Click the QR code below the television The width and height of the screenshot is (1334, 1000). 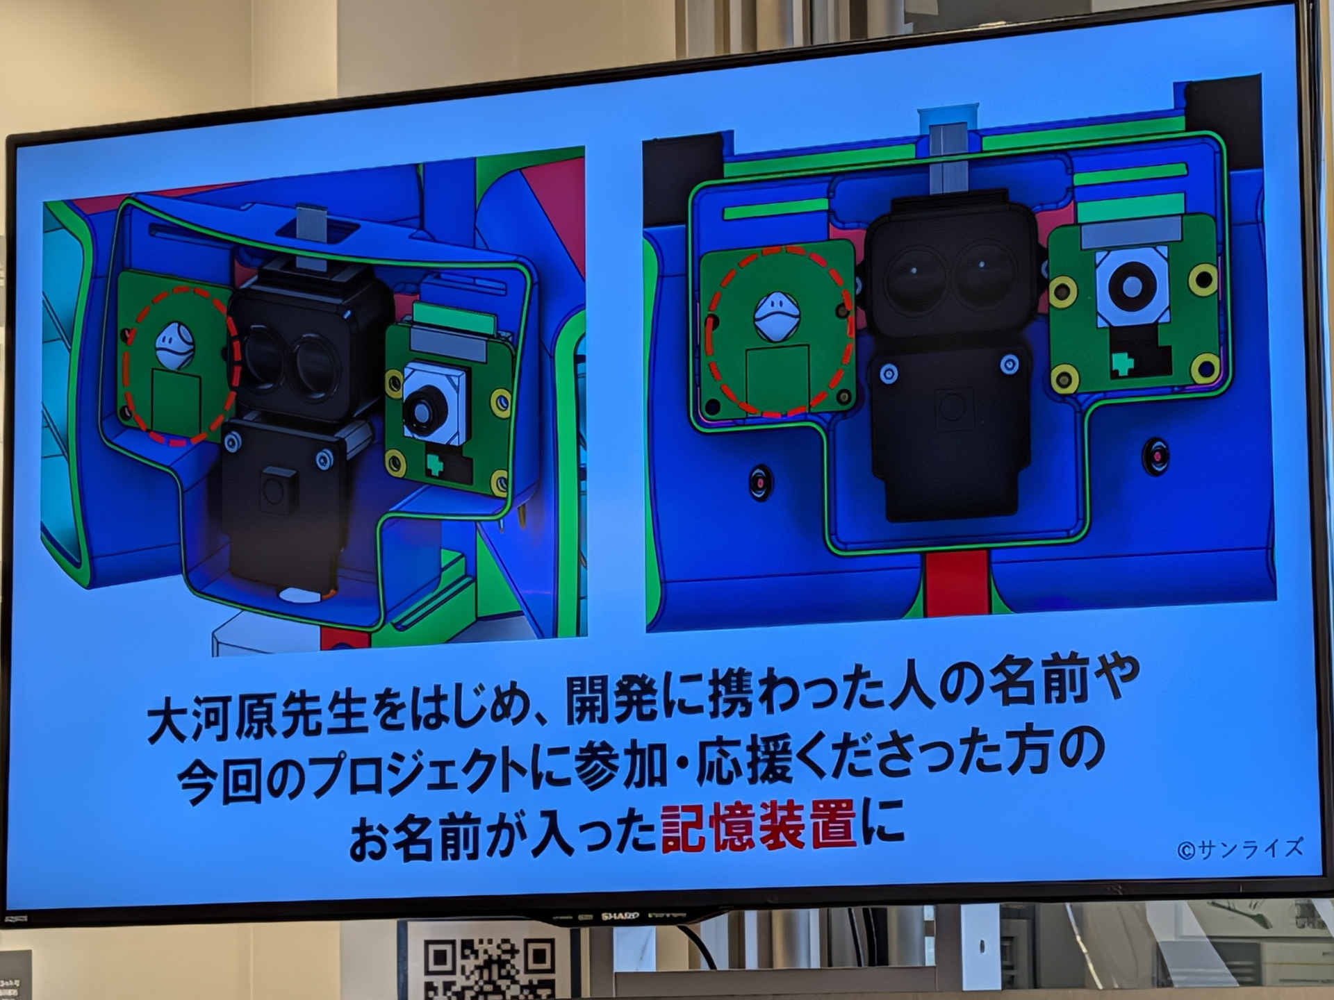(490, 967)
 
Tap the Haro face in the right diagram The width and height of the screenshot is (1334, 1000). (777, 317)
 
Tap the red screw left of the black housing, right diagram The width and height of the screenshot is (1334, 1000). (761, 481)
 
